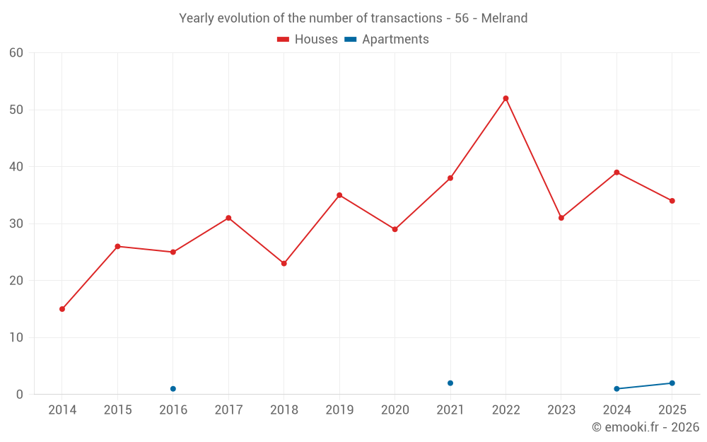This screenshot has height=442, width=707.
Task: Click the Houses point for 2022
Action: [506, 98]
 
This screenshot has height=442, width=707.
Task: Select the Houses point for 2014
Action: [62, 309]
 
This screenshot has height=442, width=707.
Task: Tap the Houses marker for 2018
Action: [284, 263]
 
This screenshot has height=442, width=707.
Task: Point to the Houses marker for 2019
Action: [339, 195]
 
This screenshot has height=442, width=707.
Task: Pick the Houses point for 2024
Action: [617, 173]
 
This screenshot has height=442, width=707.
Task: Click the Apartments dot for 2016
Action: [173, 389]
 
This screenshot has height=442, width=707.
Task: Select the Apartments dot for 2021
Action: [450, 383]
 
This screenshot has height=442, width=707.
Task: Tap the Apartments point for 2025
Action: [672, 383]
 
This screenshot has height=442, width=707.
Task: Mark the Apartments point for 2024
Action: [617, 389]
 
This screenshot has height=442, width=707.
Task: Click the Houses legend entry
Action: [307, 40]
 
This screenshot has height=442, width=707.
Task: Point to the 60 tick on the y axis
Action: [16, 53]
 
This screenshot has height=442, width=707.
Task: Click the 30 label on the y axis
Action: [16, 223]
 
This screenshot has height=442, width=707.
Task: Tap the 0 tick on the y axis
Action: [20, 395]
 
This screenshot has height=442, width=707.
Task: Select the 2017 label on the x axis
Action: [228, 410]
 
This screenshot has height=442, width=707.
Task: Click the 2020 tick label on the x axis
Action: [395, 410]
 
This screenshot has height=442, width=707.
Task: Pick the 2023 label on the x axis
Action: [561, 410]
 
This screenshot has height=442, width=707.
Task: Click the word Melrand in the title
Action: [504, 18]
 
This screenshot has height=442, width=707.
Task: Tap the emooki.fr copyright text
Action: [645, 427]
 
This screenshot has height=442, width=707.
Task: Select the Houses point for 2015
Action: [117, 246]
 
